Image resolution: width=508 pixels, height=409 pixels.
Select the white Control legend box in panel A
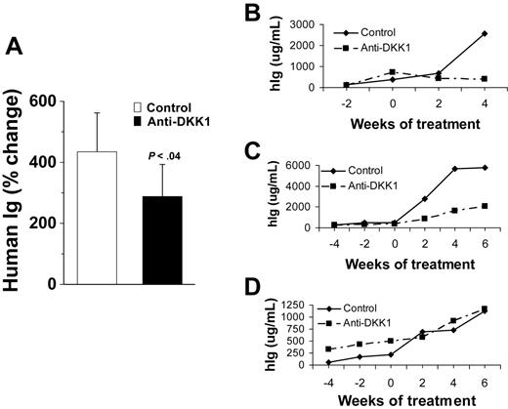point(139,109)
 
